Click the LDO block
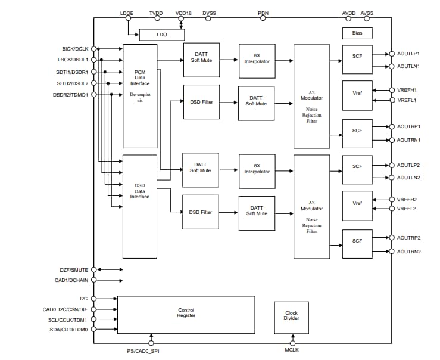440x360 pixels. [162, 35]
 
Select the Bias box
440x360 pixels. [357, 33]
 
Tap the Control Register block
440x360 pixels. [186, 313]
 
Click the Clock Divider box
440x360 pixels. [291, 316]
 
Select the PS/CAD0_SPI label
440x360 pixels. [144, 352]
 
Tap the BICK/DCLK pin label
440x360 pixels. [74, 49]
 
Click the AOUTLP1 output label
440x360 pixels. [408, 52]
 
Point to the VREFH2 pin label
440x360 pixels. [408, 199]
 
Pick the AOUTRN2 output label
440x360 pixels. [408, 252]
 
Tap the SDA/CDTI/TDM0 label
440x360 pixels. [69, 330]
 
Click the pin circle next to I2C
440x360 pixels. [93, 299]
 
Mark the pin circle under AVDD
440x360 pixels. [349, 18]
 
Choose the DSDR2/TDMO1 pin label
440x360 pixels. [71, 94]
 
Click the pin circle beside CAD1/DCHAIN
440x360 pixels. [93, 280]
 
